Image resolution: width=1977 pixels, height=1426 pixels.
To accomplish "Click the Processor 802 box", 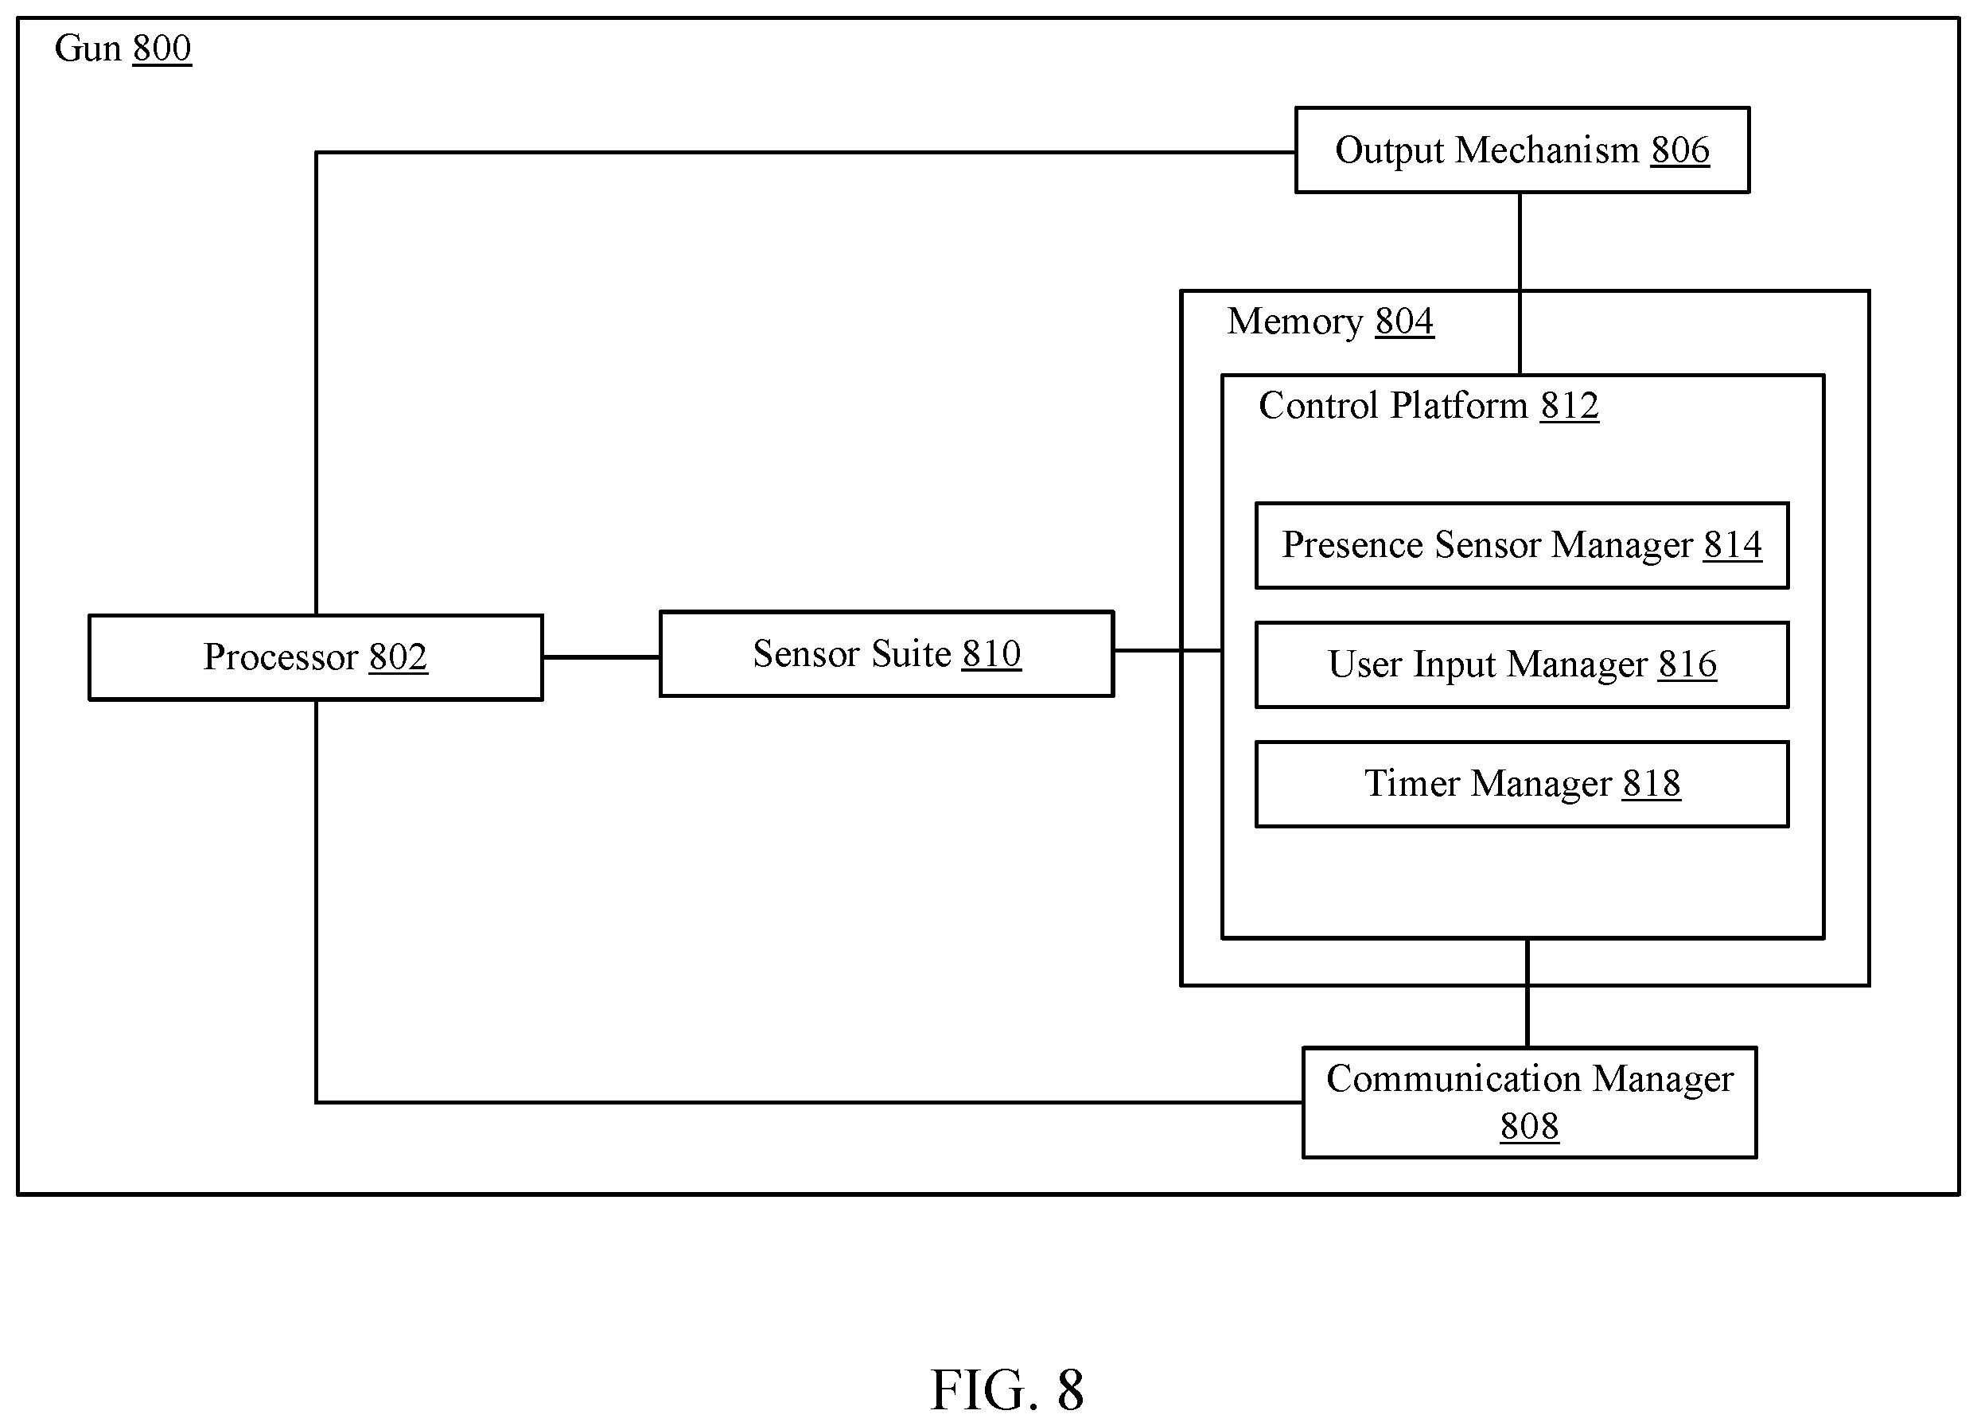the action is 316,657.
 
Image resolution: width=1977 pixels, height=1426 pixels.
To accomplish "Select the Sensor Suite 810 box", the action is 886,654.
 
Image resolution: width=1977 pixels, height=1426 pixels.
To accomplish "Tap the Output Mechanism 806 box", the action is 1522,150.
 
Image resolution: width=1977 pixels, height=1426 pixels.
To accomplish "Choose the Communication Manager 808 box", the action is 1530,1103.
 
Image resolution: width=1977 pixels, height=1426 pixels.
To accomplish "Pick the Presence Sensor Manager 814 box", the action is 1522,546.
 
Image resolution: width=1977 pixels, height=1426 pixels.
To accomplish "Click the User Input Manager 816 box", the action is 1522,665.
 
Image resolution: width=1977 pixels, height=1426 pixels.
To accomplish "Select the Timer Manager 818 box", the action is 1522,785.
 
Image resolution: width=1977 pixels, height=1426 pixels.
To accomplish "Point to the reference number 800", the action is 162,49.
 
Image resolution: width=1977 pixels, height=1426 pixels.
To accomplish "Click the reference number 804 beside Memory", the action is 1404,321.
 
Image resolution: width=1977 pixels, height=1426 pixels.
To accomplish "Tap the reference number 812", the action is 1569,406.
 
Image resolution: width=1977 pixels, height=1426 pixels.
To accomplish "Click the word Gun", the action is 88,49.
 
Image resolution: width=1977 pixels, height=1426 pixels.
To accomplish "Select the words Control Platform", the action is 1393,406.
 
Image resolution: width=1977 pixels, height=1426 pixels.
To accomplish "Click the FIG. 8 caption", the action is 1007,1390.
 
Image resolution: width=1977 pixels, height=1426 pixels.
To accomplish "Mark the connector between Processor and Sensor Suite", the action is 601,657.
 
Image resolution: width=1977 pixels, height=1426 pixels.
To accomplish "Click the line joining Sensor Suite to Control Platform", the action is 1168,650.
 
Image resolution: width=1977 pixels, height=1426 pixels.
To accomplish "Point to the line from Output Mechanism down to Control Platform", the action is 1520,284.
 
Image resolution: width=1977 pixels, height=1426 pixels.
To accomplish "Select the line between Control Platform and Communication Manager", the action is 1528,993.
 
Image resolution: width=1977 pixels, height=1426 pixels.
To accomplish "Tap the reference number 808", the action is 1530,1126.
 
